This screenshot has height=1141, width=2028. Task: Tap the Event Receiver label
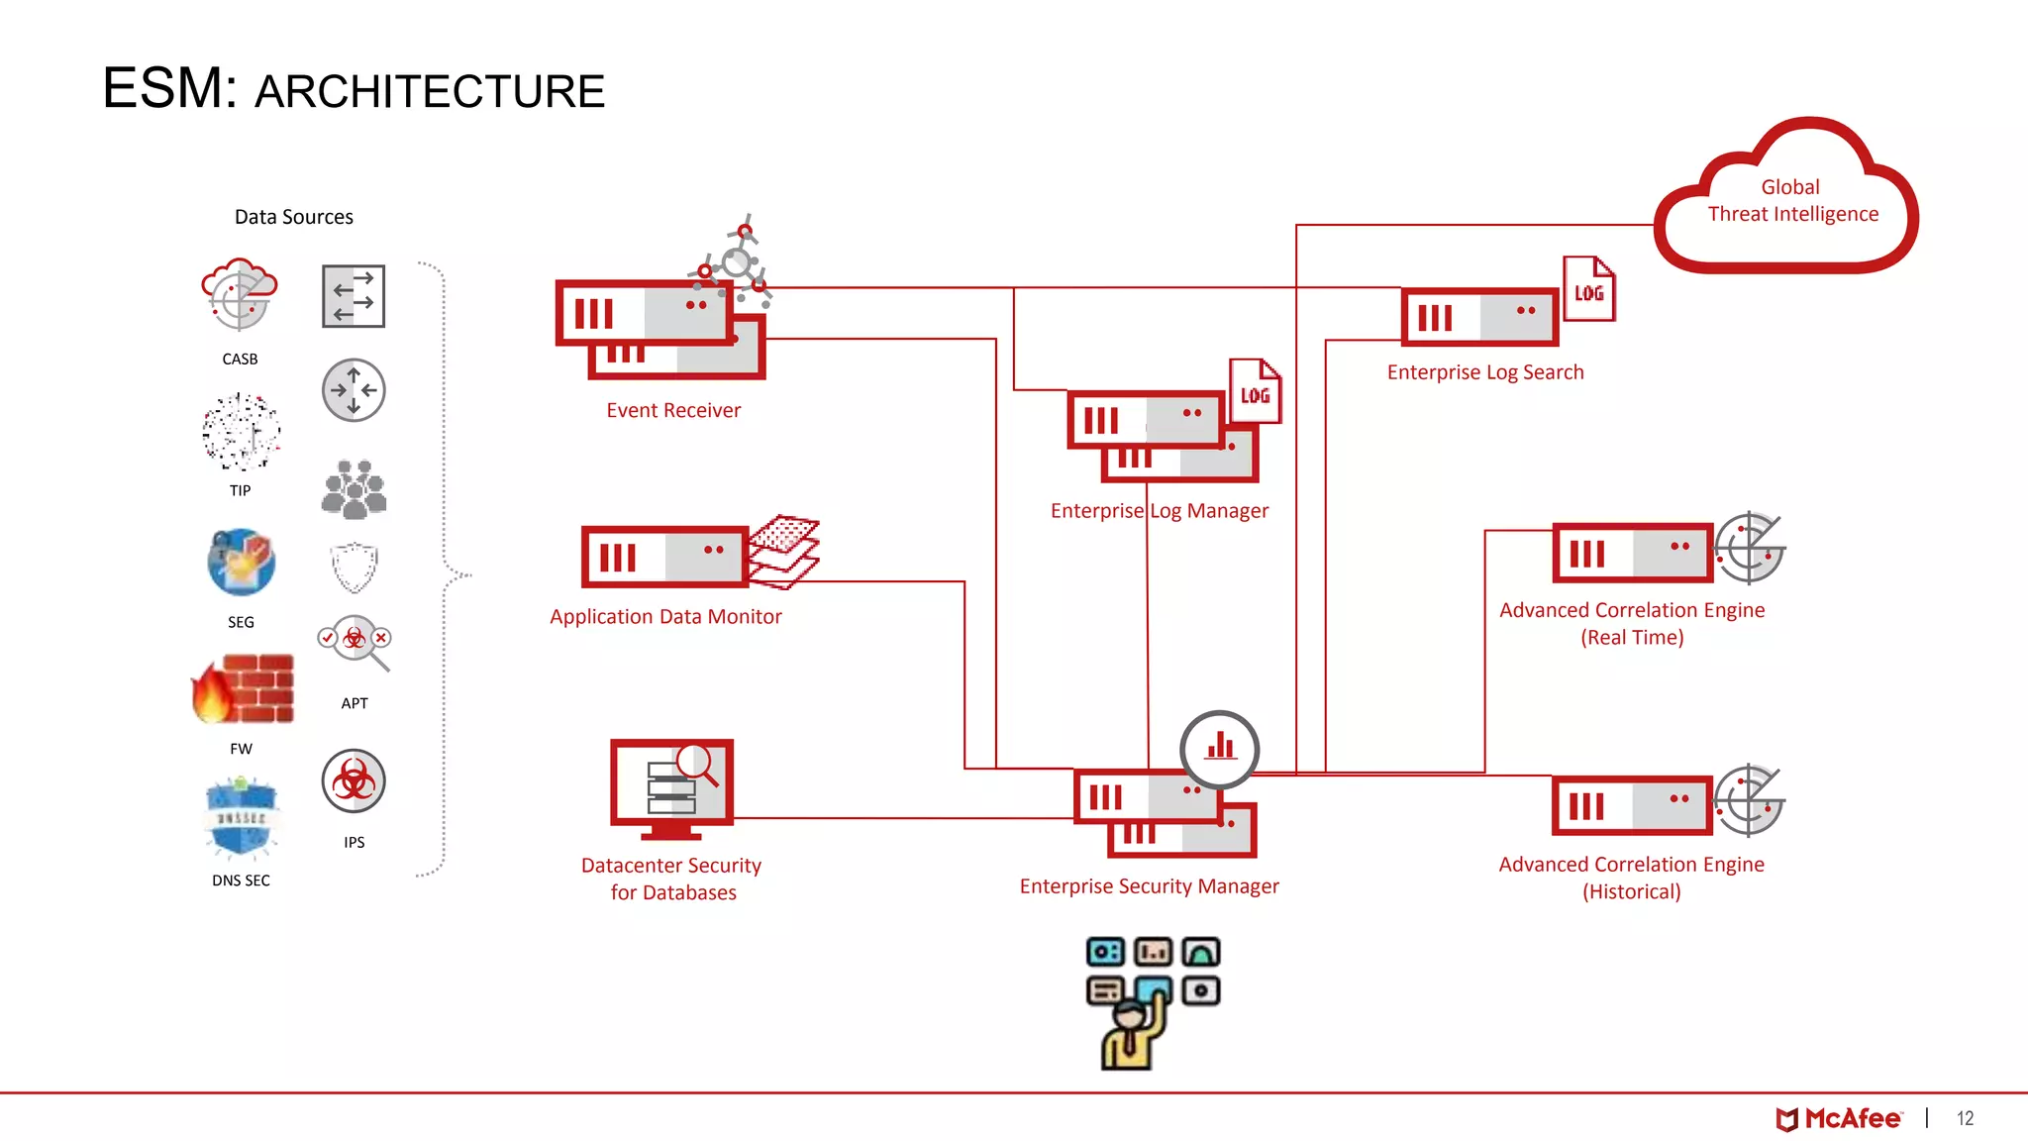[x=673, y=410]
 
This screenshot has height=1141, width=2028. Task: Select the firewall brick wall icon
[x=244, y=689]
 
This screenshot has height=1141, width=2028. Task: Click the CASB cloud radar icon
[x=239, y=295]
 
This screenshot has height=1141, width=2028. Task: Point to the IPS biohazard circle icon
[x=354, y=781]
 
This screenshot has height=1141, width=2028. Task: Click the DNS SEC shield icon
[x=241, y=818]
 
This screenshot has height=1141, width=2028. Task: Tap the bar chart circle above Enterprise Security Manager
[x=1220, y=749]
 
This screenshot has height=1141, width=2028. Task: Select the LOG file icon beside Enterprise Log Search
[x=1588, y=289]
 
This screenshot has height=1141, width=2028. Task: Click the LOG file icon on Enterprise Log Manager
[x=1255, y=392]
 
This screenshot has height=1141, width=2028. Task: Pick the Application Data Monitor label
[x=665, y=616]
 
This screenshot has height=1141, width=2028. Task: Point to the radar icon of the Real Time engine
[x=1749, y=548]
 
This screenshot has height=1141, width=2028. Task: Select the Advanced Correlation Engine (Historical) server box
[x=1632, y=805]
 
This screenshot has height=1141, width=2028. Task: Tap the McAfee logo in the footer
[x=1838, y=1119]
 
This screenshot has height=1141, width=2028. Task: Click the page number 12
[x=1965, y=1119]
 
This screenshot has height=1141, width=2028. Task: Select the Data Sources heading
[x=293, y=217]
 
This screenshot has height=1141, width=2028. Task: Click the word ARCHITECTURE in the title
[x=429, y=92]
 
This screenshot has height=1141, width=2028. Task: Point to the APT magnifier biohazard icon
[x=355, y=642]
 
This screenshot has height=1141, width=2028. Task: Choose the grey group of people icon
[x=354, y=489]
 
